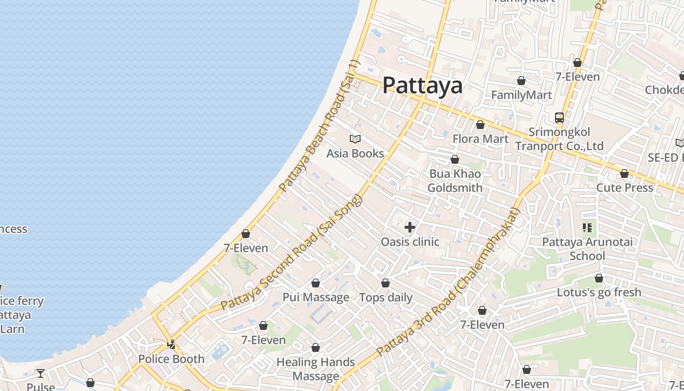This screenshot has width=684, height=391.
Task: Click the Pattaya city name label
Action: (422, 86)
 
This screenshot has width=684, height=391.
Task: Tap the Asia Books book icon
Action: (355, 139)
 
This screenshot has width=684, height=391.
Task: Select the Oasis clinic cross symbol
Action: (410, 227)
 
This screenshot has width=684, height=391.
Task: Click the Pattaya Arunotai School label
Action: (587, 249)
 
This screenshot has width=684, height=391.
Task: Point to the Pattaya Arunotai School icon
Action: (587, 227)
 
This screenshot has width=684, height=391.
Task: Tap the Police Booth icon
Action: (171, 345)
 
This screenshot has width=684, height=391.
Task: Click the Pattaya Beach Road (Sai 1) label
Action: (319, 126)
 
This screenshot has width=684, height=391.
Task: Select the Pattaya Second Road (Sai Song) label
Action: (292, 252)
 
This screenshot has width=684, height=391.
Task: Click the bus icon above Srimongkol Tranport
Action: (559, 118)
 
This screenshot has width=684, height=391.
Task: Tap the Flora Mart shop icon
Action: (480, 125)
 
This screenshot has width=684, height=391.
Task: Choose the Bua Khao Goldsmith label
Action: (455, 181)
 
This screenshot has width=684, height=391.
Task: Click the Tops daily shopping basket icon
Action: (385, 283)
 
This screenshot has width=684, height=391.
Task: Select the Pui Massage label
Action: (316, 297)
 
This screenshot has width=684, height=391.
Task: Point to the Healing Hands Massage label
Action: (316, 369)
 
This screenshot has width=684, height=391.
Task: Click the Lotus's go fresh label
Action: (599, 292)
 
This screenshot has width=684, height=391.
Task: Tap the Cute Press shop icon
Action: (624, 174)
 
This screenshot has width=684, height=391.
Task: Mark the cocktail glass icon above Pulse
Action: (41, 373)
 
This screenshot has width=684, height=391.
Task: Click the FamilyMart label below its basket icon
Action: (521, 95)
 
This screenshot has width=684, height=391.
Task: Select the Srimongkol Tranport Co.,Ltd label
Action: (559, 139)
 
